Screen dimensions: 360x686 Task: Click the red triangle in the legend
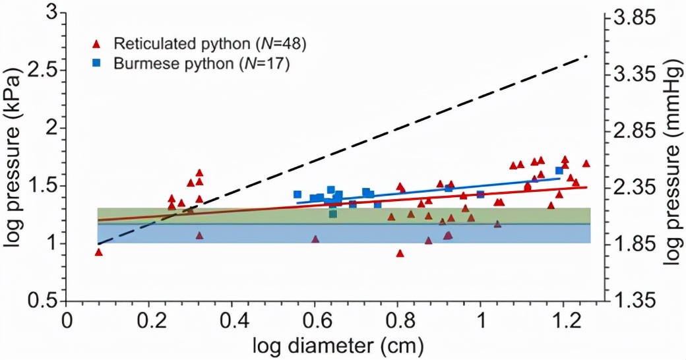[97, 44]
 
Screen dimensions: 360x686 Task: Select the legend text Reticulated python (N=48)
[210, 44]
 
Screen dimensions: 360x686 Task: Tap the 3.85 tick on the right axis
[636, 19]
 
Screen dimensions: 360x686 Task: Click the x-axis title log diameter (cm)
[336, 345]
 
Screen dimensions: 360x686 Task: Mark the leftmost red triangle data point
[99, 252]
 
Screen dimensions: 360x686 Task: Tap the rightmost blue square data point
[559, 171]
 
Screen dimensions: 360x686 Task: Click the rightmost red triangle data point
[586, 164]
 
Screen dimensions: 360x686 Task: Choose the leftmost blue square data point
[297, 195]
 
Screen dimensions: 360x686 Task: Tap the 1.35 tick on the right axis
[636, 301]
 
